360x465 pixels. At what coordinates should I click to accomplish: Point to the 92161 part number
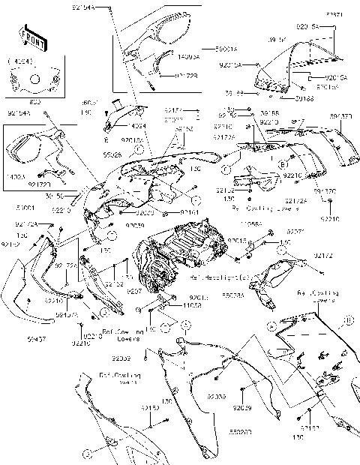pos(190,212)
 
